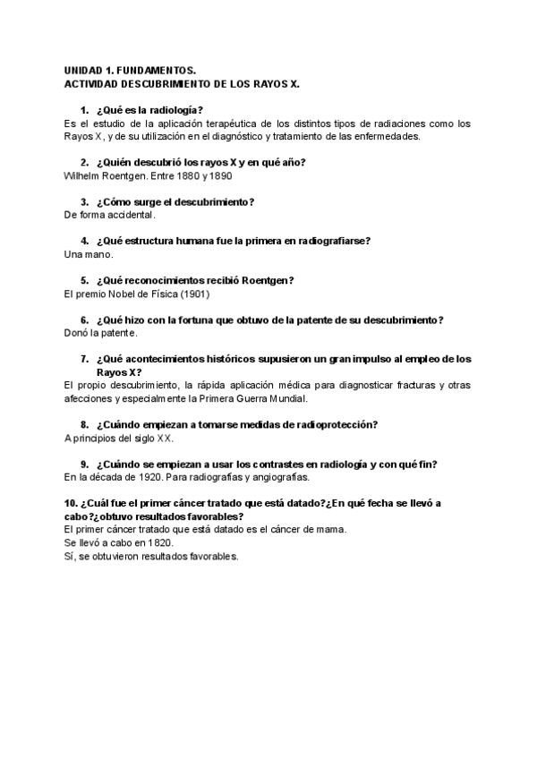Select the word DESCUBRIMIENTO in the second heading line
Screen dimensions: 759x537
pyautogui.click(x=167, y=82)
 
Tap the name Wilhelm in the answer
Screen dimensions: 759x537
pyautogui.click(x=83, y=175)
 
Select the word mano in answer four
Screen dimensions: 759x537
pyautogui.click(x=99, y=254)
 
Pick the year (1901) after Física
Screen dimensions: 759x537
pyautogui.click(x=195, y=294)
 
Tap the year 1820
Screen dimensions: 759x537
pyautogui.click(x=160, y=542)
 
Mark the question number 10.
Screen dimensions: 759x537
pyautogui.click(x=72, y=504)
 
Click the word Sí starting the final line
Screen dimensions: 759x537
pyautogui.click(x=70, y=556)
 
